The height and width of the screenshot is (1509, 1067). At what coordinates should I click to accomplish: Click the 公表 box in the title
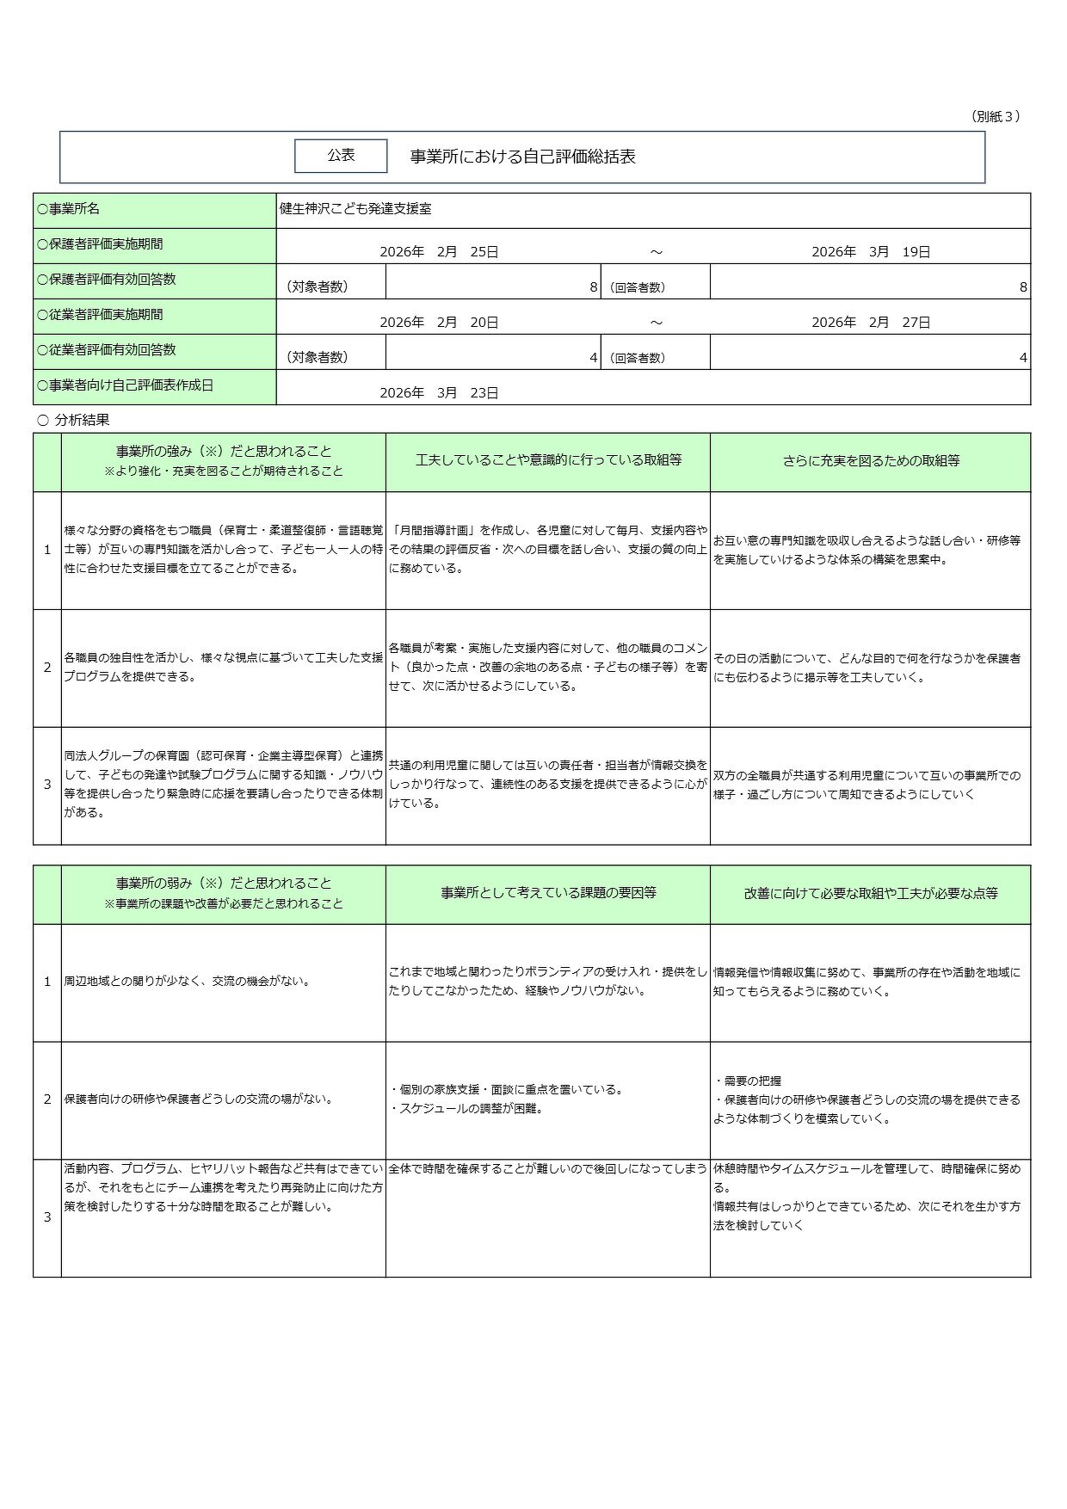[341, 156]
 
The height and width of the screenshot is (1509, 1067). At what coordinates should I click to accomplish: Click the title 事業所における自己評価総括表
[522, 157]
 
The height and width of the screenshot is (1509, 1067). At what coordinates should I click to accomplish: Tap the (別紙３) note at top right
[996, 116]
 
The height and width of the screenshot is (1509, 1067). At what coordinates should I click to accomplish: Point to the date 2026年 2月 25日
[439, 252]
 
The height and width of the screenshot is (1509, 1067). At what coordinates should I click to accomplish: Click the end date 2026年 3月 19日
[871, 252]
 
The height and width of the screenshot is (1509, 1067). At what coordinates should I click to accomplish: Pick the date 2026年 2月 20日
[439, 323]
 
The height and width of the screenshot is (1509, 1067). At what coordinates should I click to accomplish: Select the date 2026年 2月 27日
[871, 323]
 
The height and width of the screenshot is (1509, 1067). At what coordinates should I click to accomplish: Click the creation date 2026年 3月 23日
[439, 393]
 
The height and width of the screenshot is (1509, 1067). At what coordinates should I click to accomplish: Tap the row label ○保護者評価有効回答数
[107, 280]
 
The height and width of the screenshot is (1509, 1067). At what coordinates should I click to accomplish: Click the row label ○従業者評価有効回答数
[107, 350]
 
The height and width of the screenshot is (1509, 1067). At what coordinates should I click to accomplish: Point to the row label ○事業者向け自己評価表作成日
[125, 385]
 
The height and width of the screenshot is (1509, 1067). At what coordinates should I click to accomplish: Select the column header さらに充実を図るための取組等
[871, 461]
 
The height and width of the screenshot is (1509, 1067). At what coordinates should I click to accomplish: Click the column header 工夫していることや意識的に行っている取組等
[548, 460]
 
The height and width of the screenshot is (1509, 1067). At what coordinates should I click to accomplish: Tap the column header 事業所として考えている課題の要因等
[548, 893]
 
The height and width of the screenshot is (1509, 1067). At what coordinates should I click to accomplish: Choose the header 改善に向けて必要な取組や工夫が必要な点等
[871, 894]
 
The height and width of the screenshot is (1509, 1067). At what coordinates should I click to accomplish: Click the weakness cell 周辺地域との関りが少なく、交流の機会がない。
[188, 982]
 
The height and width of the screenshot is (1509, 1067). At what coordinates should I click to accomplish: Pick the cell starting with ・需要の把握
[867, 1099]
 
